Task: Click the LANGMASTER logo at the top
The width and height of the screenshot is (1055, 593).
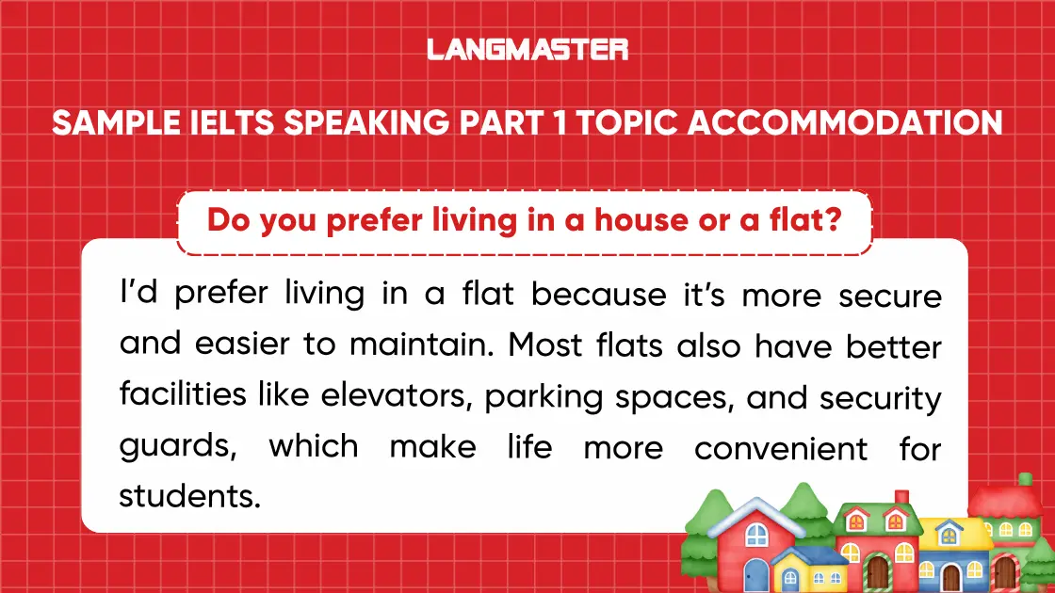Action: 527,49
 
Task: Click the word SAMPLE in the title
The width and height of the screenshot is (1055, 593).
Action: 113,123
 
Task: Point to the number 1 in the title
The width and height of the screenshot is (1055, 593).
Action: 560,123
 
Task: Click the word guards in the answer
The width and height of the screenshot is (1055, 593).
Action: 176,447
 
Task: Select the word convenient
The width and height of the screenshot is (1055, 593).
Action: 781,447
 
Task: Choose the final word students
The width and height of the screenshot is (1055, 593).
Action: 188,496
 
